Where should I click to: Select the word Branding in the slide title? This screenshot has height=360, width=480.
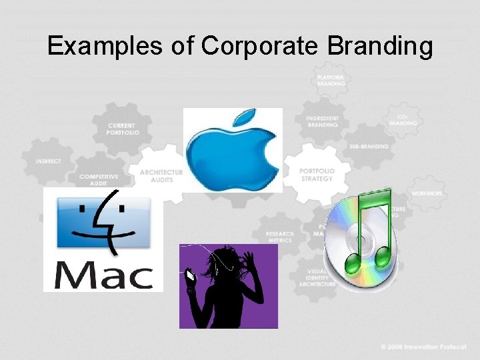[380, 46]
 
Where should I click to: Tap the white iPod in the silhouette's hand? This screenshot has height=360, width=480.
[191, 275]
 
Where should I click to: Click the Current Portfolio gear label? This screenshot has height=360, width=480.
[121, 129]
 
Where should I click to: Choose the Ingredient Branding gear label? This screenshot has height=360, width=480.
[322, 121]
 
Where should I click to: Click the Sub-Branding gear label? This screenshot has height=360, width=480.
[369, 146]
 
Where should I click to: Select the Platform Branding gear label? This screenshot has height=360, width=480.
[331, 81]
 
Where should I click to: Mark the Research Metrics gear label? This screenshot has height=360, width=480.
[279, 237]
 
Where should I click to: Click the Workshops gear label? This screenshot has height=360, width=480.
[427, 193]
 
